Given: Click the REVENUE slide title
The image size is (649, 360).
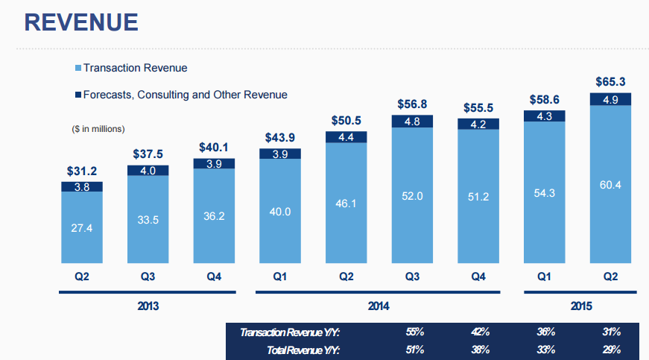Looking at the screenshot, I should point(81,22).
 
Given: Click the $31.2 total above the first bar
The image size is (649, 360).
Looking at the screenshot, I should point(81,171).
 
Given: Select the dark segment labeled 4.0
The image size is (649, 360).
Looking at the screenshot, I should point(148,170).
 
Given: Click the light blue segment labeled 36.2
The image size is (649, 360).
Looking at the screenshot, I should point(214,216).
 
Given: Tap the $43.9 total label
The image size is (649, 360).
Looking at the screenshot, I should point(280,138).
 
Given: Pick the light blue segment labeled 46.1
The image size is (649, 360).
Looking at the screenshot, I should point(346,203).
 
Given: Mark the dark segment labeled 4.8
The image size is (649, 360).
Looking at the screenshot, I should point(413,121).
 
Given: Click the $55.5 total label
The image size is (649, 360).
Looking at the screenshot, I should point(479,107).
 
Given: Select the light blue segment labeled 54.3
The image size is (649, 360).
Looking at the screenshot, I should point(545,192).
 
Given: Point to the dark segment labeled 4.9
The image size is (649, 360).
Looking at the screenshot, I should point(610,99).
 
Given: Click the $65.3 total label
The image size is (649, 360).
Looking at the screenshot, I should point(610,81).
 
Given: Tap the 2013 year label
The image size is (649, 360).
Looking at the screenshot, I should point(148,306).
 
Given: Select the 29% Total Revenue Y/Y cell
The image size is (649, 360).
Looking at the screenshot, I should point(612,349).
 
